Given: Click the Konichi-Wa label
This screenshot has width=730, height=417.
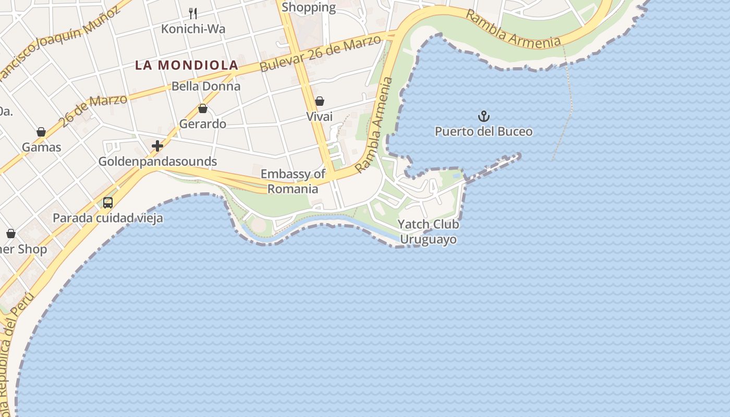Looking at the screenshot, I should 193,29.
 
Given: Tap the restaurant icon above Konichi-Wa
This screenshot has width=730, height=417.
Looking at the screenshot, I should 193,13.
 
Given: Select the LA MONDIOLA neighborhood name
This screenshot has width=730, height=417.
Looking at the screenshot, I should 187,65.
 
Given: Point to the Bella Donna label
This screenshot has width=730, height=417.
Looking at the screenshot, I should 206,86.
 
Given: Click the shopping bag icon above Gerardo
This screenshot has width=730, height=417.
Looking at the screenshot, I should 203,108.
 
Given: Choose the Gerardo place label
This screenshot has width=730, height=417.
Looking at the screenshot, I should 203,124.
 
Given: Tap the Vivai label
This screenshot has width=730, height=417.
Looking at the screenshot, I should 319,117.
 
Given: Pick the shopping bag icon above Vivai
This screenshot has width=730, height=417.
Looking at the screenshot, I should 319,101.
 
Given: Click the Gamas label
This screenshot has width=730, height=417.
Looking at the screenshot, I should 41,148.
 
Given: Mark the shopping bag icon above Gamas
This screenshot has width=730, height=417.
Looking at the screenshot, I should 41,132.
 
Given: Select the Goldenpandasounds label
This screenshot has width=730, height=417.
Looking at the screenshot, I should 157,162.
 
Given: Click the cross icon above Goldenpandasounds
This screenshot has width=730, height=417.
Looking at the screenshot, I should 157,146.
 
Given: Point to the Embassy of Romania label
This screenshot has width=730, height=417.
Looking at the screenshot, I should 293,181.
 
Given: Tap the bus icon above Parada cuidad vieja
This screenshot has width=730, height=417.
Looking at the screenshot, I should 108,203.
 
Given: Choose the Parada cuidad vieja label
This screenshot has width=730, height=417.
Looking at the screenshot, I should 108,218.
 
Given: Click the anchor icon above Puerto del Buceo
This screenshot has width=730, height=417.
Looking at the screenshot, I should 484,116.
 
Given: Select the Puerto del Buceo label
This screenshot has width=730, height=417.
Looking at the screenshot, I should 484,131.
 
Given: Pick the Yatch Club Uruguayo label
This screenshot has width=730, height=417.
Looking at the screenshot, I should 428,232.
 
